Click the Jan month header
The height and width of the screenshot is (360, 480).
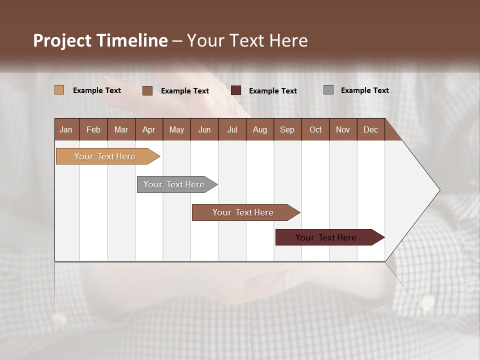click(66, 129)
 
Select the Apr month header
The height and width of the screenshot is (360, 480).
click(148, 129)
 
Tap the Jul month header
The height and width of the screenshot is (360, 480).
click(232, 129)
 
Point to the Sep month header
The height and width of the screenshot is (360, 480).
click(287, 129)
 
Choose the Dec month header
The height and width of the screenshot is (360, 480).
click(370, 129)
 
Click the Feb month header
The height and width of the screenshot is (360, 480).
click(93, 129)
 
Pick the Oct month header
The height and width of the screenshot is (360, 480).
click(315, 129)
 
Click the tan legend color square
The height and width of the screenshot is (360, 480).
click(59, 90)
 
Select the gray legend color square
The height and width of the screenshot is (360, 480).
click(328, 90)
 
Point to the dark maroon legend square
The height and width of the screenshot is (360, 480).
click(236, 90)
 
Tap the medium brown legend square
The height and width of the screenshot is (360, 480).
click(147, 90)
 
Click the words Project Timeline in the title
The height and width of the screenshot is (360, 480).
click(100, 40)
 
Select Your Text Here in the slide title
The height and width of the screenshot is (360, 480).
click(247, 40)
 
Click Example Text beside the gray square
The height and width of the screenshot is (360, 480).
click(364, 90)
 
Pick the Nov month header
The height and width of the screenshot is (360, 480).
click(342, 129)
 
